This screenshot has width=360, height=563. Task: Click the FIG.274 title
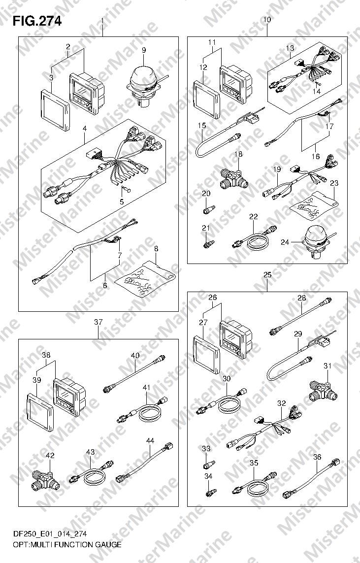[36, 21]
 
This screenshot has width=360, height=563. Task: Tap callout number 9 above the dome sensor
[144, 50]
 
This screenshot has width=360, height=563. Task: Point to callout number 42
[50, 455]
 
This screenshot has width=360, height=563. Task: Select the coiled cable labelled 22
[255, 238]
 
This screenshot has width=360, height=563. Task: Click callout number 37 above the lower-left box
[98, 322]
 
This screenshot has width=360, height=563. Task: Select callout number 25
[267, 275]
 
